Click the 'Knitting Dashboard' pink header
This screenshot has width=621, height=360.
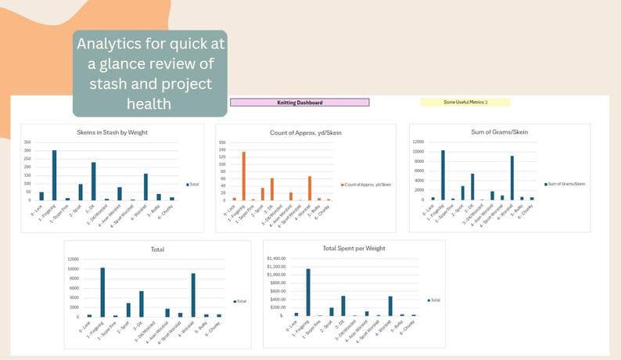click(300, 103)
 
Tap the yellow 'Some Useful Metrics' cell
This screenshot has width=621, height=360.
click(465, 103)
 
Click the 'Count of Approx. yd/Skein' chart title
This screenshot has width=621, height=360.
click(306, 132)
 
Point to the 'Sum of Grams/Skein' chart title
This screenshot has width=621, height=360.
click(501, 132)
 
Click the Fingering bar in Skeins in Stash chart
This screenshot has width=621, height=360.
click(54, 175)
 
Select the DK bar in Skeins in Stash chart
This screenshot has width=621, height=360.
click(93, 182)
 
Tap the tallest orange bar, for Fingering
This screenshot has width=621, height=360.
click(243, 176)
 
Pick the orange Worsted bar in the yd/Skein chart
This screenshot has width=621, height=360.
click(310, 189)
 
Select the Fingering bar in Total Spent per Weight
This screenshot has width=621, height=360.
click(308, 292)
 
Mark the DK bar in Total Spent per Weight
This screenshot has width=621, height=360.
click(343, 305)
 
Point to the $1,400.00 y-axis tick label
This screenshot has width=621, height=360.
click(275, 257)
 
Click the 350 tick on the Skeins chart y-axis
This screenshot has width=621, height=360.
click(27, 142)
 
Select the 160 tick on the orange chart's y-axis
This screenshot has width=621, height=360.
click(221, 142)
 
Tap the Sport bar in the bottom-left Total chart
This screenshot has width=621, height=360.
click(128, 310)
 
